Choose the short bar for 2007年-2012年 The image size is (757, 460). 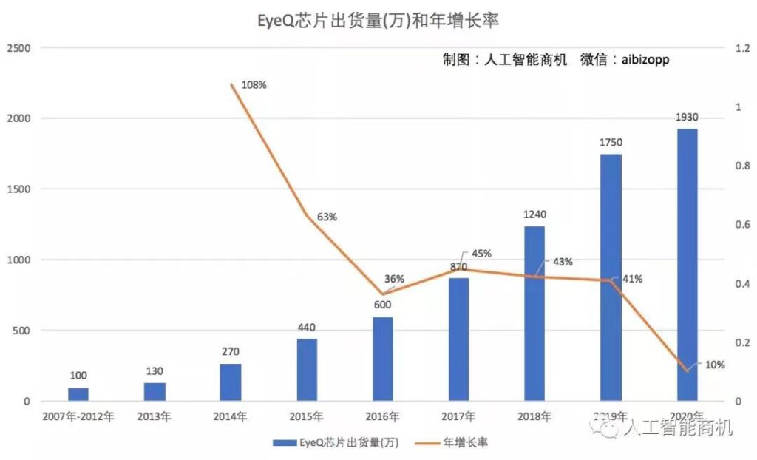[x=78, y=394]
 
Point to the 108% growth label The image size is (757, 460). [x=254, y=85]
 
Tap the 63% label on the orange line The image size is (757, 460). [x=327, y=217]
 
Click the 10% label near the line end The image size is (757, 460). [x=715, y=365]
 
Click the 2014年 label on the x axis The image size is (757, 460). [x=230, y=417]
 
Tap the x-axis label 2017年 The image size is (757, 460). [x=458, y=417]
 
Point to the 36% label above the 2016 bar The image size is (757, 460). [x=394, y=279]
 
